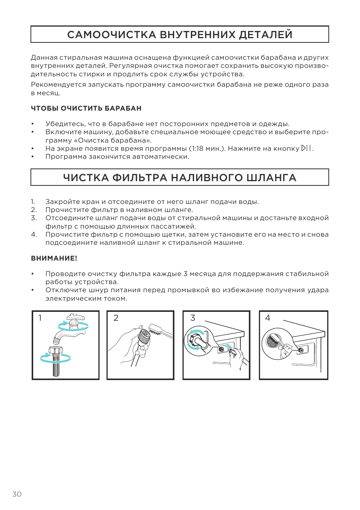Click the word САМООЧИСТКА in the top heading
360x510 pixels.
pos(112,34)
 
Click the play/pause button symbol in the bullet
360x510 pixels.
pos(306,148)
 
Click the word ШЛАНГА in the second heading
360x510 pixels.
pos(271,178)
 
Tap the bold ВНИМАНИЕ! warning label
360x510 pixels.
pos(54,258)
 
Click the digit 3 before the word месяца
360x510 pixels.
pos(185,274)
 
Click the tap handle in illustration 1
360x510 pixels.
pos(75,317)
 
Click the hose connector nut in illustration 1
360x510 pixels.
pos(55,350)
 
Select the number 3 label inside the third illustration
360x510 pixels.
pos(193,318)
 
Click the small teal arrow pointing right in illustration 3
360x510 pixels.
pos(226,346)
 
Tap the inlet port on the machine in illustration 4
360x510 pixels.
pos(301,350)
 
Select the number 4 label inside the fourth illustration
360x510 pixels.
pos(267,318)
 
